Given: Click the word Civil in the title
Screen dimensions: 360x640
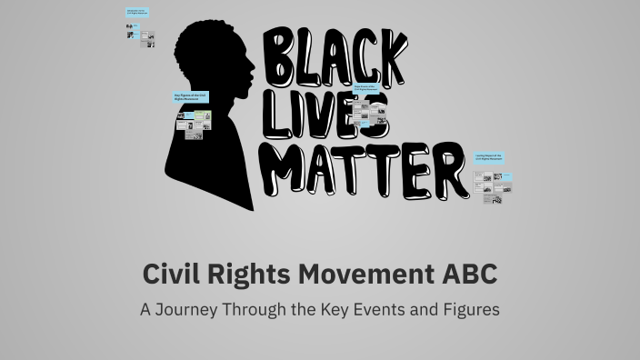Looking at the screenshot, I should tap(174, 273).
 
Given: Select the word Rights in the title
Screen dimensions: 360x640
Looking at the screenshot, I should tap(245, 273).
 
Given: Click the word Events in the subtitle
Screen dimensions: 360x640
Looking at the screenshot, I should tap(401, 309).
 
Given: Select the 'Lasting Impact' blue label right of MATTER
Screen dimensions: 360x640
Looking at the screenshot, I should tap(494, 157).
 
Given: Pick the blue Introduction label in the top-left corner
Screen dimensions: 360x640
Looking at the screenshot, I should tap(138, 14).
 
